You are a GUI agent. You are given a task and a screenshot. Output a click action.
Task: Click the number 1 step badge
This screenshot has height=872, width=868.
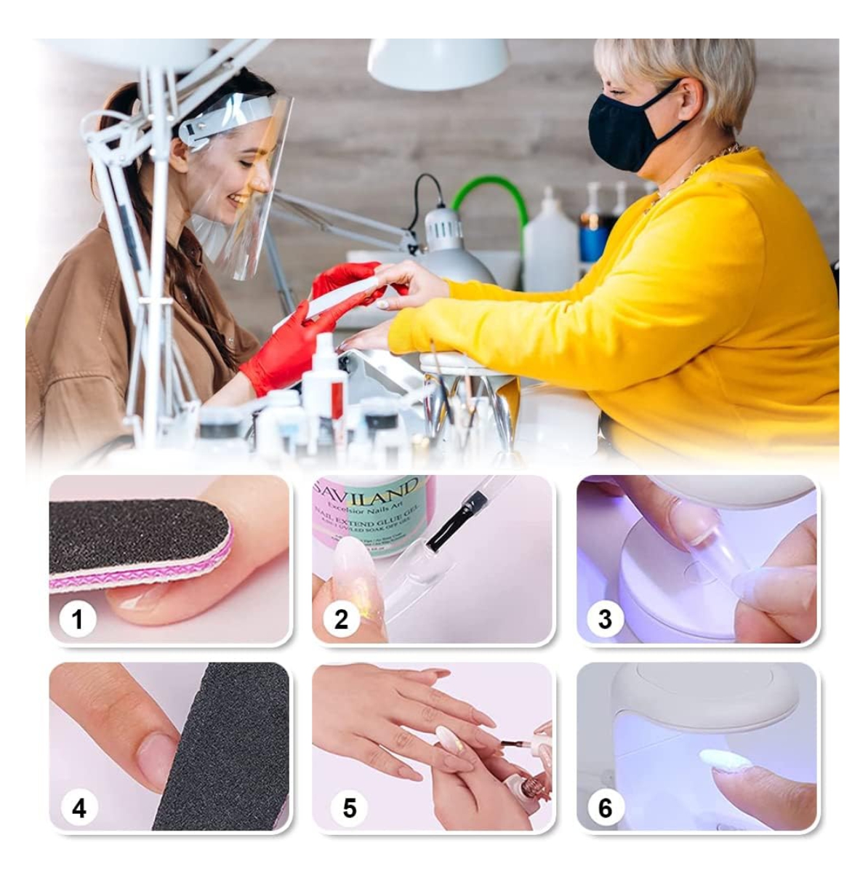(78, 620)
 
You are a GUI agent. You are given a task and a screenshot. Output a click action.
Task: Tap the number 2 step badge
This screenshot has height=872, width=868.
(341, 620)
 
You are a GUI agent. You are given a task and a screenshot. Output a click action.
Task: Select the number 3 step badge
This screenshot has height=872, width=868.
(605, 620)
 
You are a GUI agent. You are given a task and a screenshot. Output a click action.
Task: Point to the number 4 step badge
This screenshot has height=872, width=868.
(78, 808)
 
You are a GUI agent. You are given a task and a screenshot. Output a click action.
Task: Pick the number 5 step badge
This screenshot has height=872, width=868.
(350, 808)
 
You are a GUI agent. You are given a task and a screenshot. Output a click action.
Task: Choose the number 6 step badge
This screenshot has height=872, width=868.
(605, 808)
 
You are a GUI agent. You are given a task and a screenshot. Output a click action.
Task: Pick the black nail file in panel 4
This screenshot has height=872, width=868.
(225, 749)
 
